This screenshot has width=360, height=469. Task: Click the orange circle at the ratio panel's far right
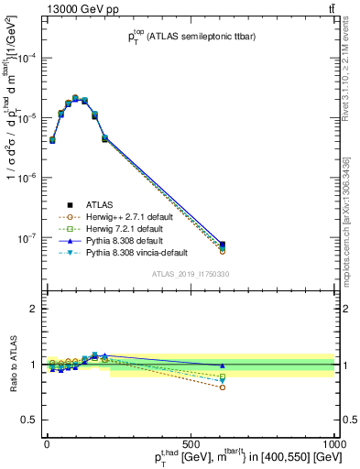(x=222, y=387)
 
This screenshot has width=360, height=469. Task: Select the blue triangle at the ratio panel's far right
(x=222, y=365)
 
